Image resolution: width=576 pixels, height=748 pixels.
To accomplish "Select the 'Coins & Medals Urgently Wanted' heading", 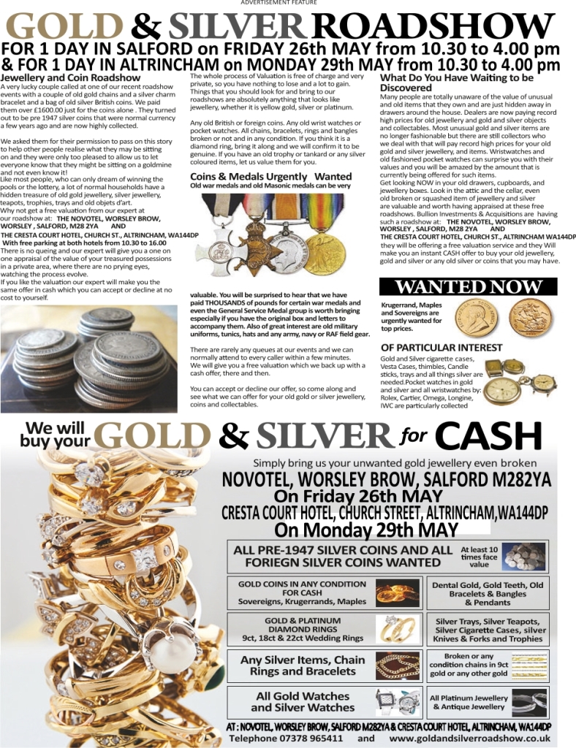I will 270,177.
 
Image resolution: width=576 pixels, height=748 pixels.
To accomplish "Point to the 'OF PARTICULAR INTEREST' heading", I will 442,348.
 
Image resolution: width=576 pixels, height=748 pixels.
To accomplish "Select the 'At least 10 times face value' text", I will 480,557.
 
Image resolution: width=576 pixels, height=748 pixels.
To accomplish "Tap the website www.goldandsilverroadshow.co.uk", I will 463,739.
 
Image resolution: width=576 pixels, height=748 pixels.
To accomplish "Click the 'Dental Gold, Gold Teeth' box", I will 488,593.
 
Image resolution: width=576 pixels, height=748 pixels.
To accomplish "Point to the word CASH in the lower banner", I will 493,438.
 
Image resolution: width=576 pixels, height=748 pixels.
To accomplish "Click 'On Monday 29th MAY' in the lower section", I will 366,530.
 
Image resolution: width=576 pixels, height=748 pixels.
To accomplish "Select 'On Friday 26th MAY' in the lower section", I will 373,496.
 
